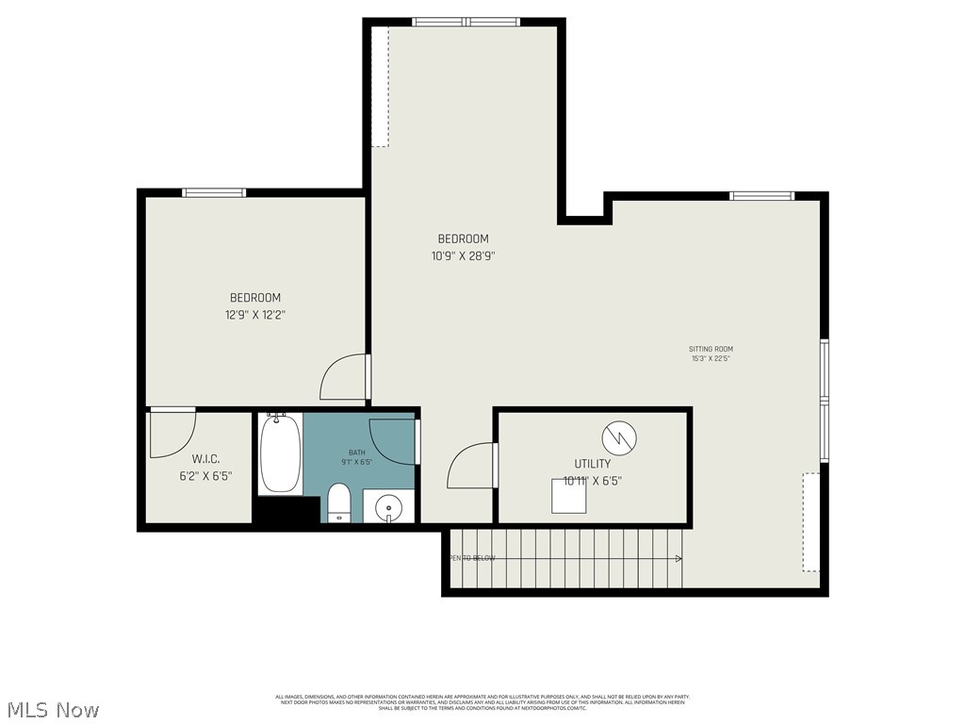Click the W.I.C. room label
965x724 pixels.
pyautogui.click(x=205, y=459)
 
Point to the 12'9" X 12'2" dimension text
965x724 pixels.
pyautogui.click(x=254, y=316)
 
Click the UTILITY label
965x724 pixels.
pyautogui.click(x=593, y=464)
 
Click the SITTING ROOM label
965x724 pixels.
pyautogui.click(x=711, y=349)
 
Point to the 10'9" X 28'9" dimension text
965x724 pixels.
pyautogui.click(x=463, y=255)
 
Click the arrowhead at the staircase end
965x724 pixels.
pyautogui.click(x=679, y=558)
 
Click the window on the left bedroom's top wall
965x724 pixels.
pyautogui.click(x=214, y=192)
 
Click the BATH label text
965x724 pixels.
pyautogui.click(x=356, y=452)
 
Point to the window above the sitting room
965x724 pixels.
pyautogui.click(x=761, y=196)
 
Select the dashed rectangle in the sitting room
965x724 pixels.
pyautogui.click(x=810, y=521)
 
